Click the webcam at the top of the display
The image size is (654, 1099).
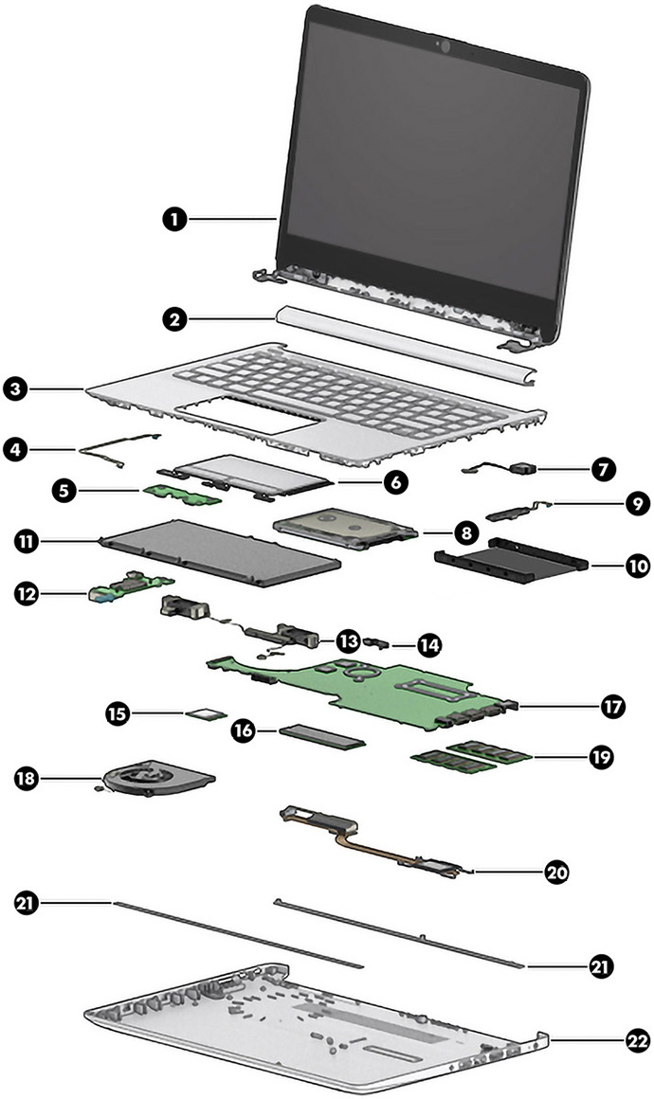pyautogui.click(x=442, y=45)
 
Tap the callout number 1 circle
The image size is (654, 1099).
pyautogui.click(x=172, y=219)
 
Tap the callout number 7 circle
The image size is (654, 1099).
pyautogui.click(x=604, y=467)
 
